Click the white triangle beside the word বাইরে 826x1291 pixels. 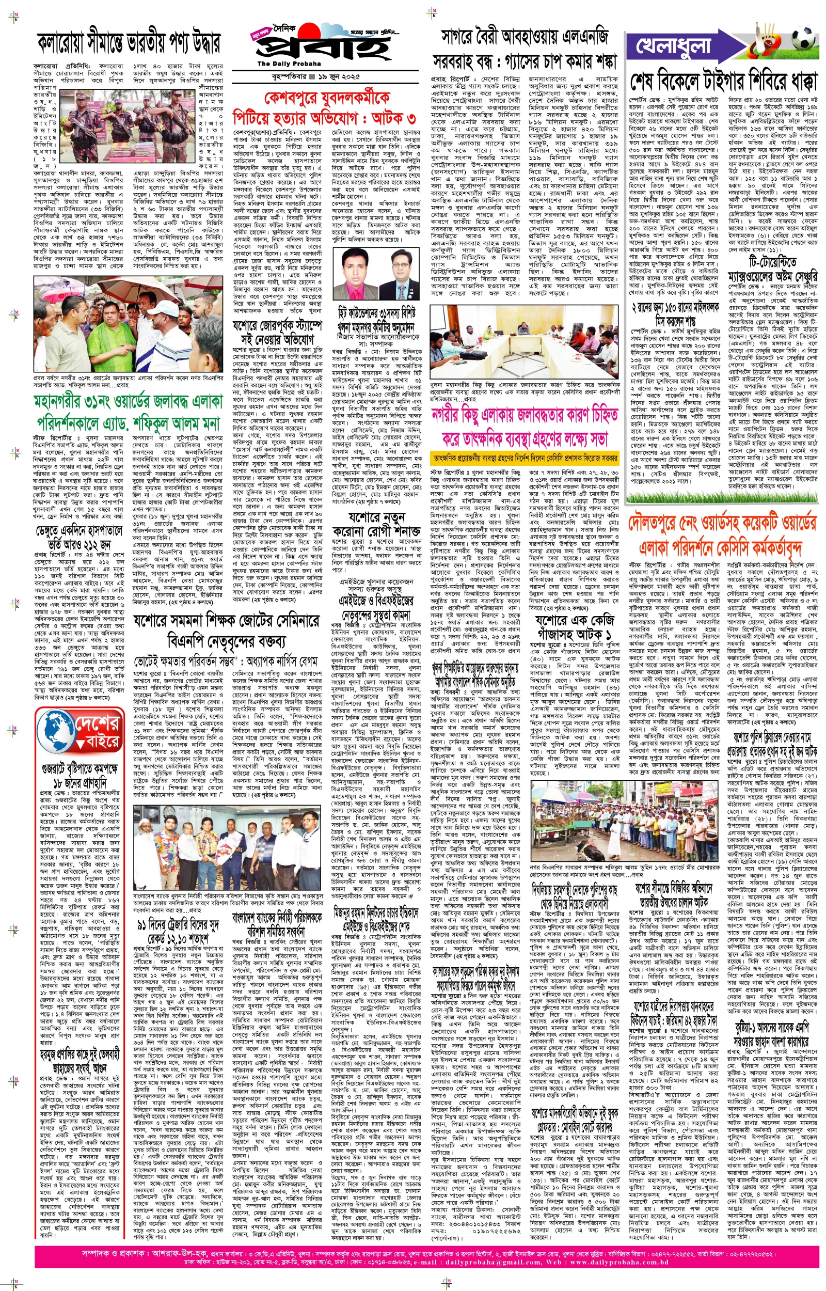pyautogui.click(x=82, y=744)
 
